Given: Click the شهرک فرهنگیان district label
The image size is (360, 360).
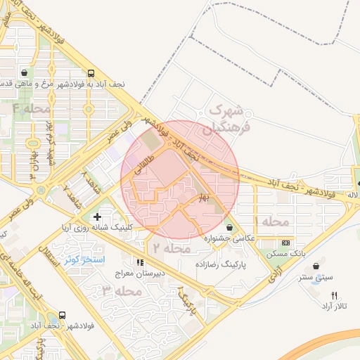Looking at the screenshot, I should (227, 120).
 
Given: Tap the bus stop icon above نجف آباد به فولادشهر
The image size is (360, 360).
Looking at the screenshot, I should (91, 72).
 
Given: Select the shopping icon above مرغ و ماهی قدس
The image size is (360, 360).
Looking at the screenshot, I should (25, 72).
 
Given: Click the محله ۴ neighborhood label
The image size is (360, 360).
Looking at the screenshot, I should (32, 109).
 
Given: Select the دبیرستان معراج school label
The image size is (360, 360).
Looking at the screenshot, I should (159, 273).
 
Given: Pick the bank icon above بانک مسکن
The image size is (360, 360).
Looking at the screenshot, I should (285, 243).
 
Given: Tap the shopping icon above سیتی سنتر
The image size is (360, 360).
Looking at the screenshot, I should (314, 266).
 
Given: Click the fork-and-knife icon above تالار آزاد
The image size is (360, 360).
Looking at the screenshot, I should (334, 296).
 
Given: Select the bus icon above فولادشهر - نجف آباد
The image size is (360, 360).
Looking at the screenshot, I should (63, 316).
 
